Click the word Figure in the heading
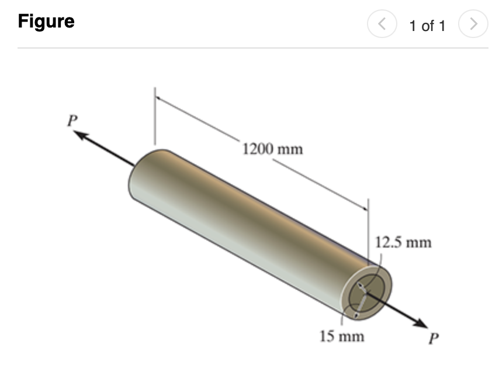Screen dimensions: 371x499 [x=46, y=22]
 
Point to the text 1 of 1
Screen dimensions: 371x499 [x=427, y=26]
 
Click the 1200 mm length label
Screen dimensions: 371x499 [x=272, y=149]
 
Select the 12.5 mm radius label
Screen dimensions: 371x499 [x=403, y=242]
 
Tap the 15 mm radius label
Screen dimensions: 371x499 [x=342, y=336]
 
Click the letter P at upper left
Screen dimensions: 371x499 [x=72, y=121]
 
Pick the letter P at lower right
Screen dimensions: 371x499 [x=433, y=339]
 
